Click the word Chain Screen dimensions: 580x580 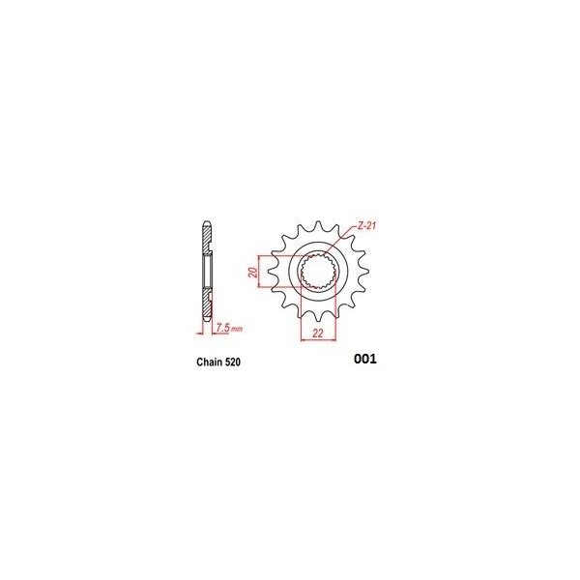197,364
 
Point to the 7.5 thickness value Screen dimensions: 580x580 221,329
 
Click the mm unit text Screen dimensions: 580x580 235,330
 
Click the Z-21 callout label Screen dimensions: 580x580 365,227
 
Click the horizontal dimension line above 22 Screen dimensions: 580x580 317,324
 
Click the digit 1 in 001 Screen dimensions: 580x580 372,360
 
